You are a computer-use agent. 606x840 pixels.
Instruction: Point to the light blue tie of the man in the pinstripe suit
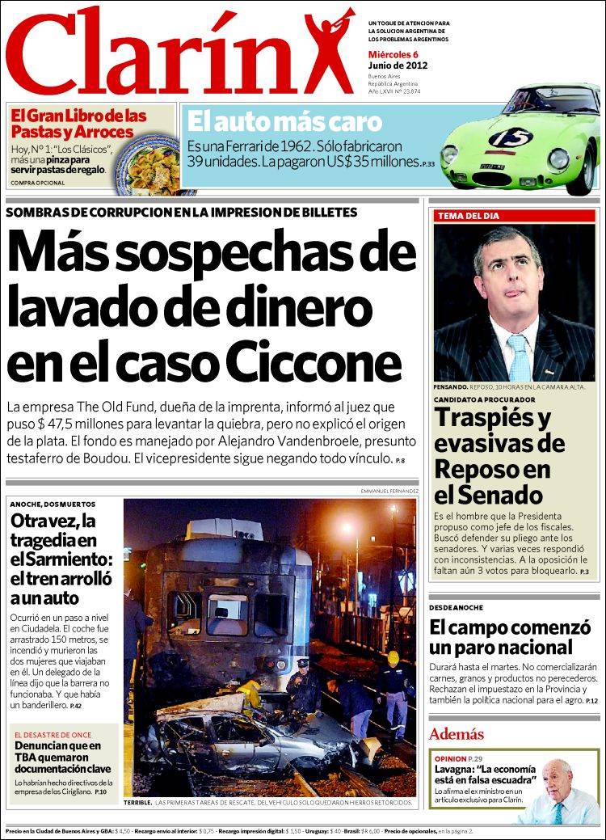(518, 356)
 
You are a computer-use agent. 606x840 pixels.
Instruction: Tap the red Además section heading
(457, 734)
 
